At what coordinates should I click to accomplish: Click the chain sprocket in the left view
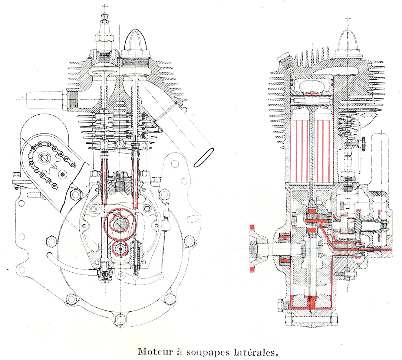pyautogui.click(x=42, y=159)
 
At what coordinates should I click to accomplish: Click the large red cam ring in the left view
pyautogui.click(x=119, y=224)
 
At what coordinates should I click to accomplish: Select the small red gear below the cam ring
pyautogui.click(x=119, y=248)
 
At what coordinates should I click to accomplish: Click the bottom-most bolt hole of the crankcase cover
pyautogui.click(x=117, y=320)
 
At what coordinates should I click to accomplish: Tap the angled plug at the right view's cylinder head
pyautogui.click(x=284, y=62)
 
